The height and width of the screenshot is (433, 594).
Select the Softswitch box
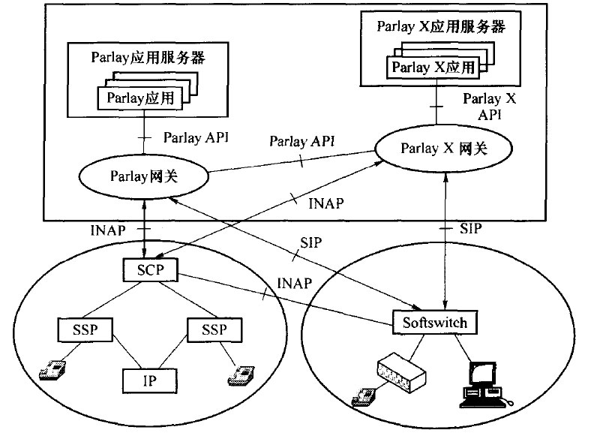coord(434,323)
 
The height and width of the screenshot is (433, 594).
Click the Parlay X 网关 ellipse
coord(442,149)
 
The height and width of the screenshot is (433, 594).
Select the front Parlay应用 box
coord(140,98)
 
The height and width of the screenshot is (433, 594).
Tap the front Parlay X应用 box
coord(434,67)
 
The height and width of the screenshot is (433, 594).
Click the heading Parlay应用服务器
coord(148,56)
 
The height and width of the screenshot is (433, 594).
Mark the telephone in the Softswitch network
coord(364,395)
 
